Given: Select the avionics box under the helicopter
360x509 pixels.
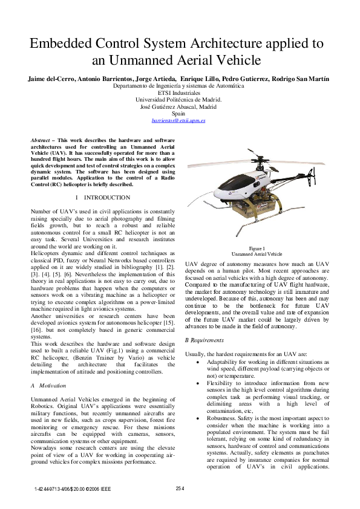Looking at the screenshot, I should pyautogui.click(x=246, y=209).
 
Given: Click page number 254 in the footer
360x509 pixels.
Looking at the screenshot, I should pyautogui.click(x=180, y=488).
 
